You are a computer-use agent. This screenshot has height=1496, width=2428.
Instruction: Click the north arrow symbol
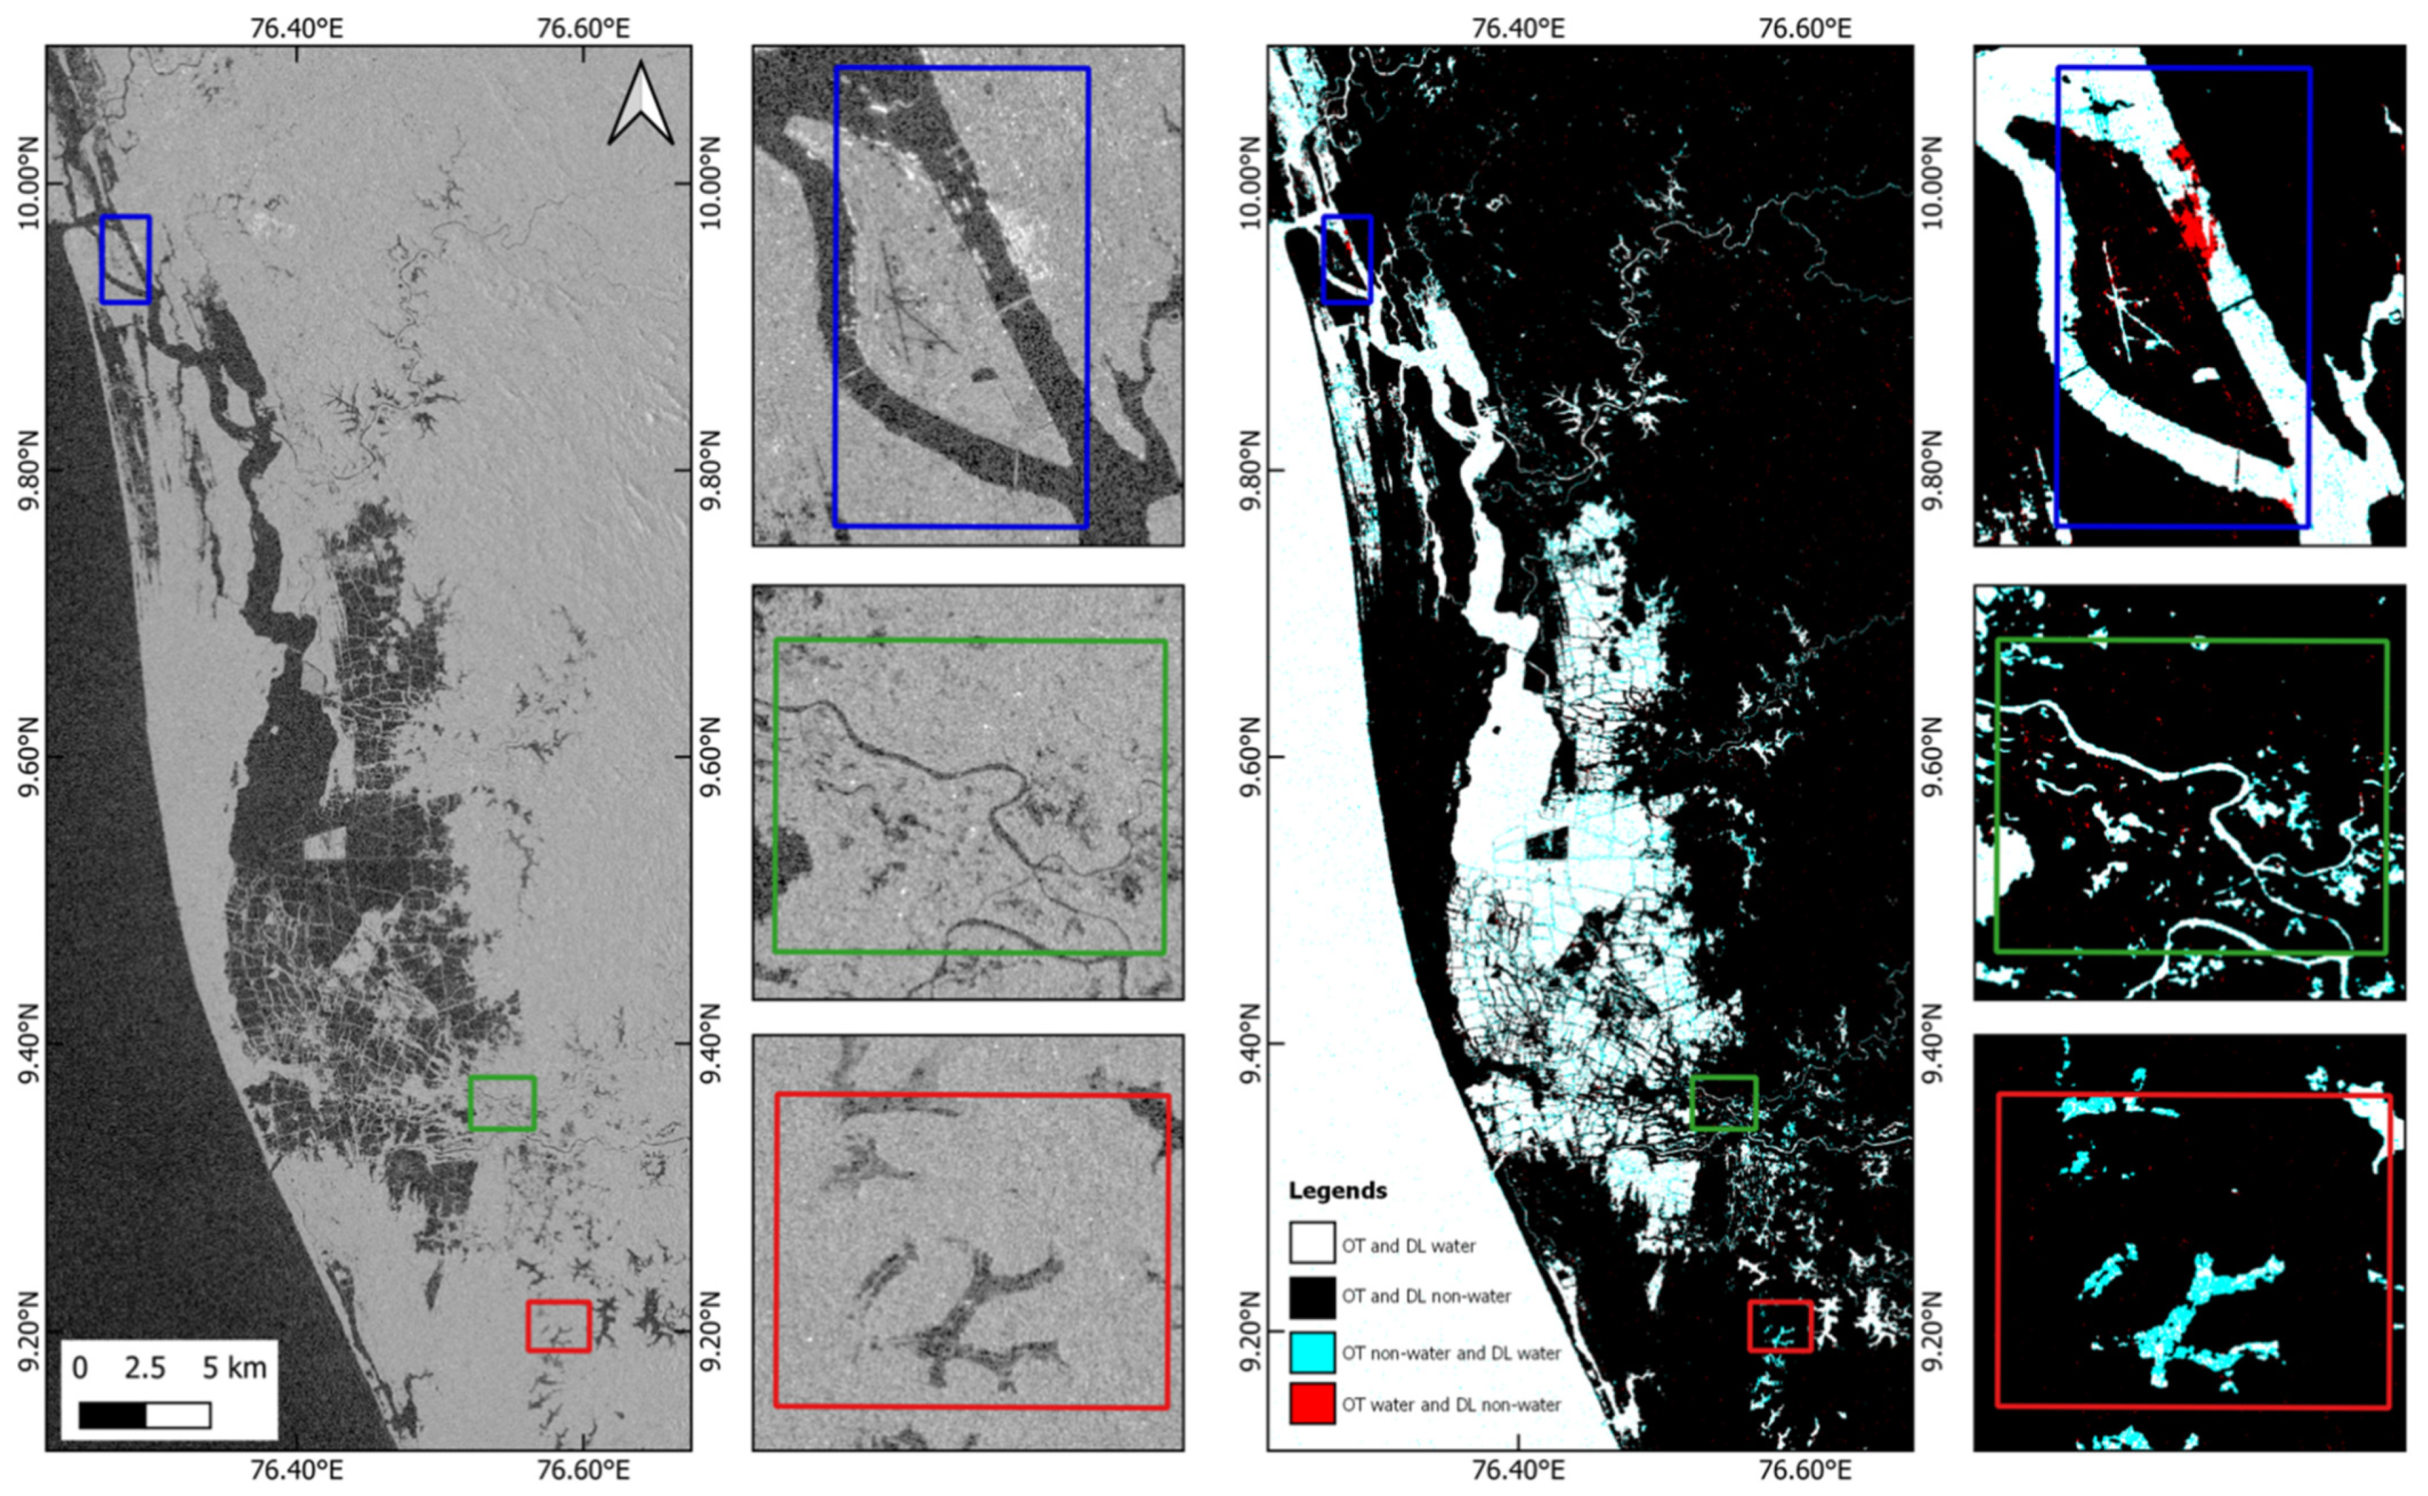[641, 104]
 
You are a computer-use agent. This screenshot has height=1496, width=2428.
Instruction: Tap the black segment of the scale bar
[112, 1415]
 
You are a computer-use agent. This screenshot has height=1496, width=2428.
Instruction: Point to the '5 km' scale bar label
[235, 1368]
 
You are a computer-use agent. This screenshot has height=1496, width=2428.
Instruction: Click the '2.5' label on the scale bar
[145, 1368]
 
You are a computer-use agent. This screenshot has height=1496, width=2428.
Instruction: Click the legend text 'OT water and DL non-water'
[1450, 1404]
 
